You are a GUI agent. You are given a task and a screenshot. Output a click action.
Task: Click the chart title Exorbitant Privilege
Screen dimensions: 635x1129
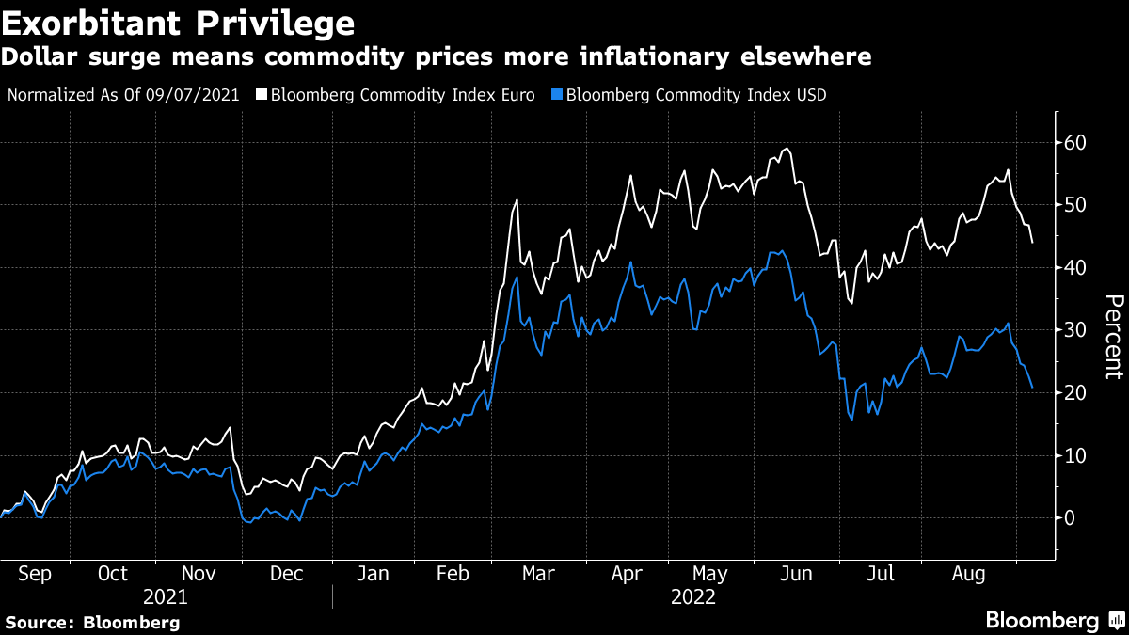click(x=178, y=22)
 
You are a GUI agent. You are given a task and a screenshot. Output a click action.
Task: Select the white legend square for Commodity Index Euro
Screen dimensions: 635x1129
click(x=262, y=95)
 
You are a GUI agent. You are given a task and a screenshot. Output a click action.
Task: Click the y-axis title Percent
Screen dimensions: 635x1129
click(x=1113, y=336)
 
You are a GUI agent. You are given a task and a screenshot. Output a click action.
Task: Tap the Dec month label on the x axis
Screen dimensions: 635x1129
click(x=286, y=574)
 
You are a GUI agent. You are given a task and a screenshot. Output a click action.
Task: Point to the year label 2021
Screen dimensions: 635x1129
click(x=166, y=597)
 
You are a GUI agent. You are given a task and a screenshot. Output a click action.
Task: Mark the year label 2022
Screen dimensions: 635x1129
click(x=693, y=597)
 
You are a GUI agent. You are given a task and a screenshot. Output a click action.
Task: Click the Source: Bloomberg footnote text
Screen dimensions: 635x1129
click(x=92, y=622)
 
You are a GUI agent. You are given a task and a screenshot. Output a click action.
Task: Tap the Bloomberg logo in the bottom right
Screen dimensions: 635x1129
click(x=1053, y=621)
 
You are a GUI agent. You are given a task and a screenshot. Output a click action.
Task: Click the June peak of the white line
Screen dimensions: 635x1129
click(x=787, y=149)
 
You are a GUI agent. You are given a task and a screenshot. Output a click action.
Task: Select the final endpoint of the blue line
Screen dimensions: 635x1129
click(x=1032, y=388)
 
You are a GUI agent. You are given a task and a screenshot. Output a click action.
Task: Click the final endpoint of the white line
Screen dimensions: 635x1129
click(x=1032, y=243)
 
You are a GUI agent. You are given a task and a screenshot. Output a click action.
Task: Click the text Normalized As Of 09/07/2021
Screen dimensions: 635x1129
click(x=123, y=95)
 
